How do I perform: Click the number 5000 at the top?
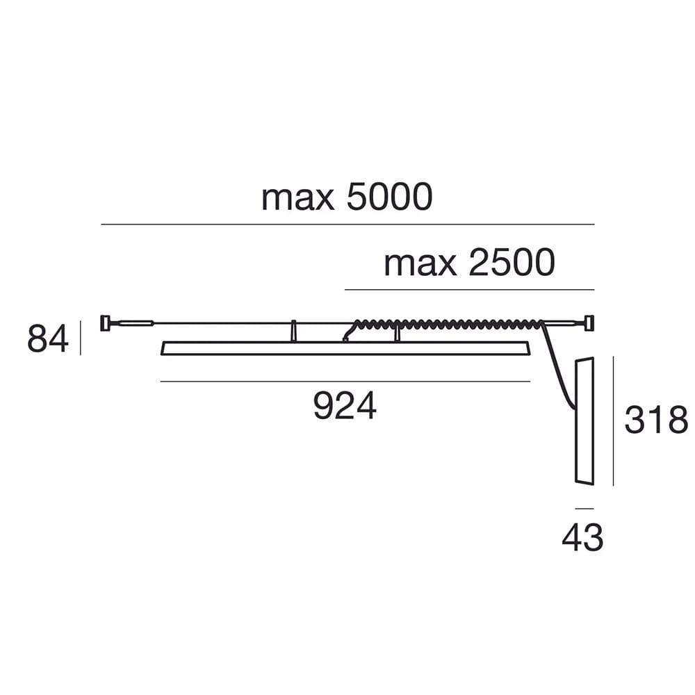[389, 197]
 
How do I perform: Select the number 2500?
[512, 263]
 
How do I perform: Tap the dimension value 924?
[345, 406]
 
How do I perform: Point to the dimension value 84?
[48, 338]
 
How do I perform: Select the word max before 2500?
[420, 264]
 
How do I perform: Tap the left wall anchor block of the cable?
[105, 322]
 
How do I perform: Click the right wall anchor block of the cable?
[590, 322]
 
